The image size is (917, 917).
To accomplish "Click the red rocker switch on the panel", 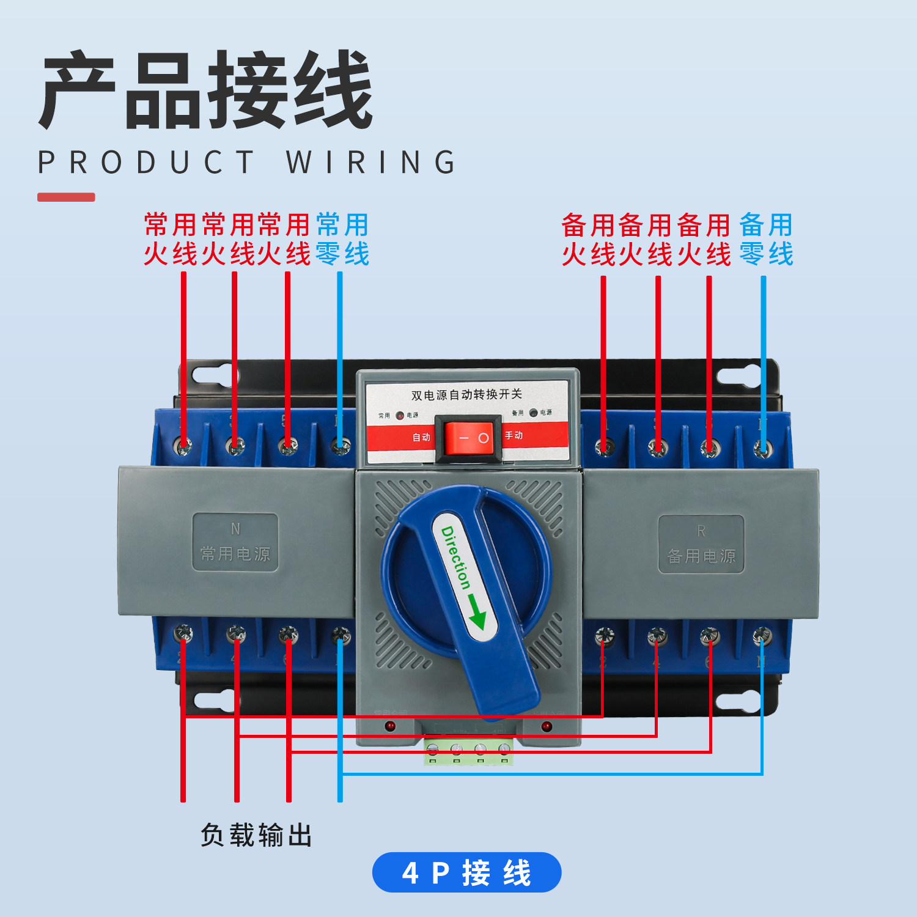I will (468, 437).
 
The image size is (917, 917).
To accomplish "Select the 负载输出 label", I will (256, 835).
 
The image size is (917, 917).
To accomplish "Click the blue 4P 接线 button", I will (466, 872).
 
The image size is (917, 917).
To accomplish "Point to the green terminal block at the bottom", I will (468, 751).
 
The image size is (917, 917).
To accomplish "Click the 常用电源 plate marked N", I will (235, 542).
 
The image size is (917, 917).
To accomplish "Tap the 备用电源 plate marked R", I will (701, 544).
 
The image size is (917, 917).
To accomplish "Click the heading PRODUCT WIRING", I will (247, 163).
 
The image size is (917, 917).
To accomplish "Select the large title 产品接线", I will (207, 90).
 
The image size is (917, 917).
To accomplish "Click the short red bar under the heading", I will (66, 197).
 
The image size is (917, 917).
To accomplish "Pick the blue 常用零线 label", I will (342, 239).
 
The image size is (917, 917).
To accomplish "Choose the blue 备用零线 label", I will (766, 239).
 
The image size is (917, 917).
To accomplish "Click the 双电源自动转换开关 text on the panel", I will (466, 394).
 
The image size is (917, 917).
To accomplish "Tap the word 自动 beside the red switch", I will (421, 437).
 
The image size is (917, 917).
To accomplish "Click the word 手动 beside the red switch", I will (514, 435).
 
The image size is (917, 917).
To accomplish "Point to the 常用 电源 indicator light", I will (400, 416).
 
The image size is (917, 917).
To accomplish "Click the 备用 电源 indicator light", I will (533, 413).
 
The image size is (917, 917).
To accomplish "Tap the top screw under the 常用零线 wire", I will (341, 446).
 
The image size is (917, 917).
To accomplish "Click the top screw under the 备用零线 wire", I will (762, 449).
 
